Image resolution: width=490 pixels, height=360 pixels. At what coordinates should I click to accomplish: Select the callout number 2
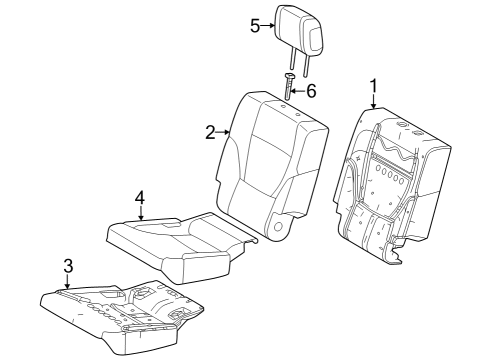211,131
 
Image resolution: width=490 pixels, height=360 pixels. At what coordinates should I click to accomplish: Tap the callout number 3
67,265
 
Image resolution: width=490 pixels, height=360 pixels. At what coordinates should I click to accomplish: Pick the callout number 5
255,25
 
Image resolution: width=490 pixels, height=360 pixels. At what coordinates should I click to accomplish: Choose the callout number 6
311,90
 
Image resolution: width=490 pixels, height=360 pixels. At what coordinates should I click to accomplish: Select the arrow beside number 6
298,90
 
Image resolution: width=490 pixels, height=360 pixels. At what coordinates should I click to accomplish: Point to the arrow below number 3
67,283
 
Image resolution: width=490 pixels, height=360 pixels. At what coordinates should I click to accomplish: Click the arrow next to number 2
226,131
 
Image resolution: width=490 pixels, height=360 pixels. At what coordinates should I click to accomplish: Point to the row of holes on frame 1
389,176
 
